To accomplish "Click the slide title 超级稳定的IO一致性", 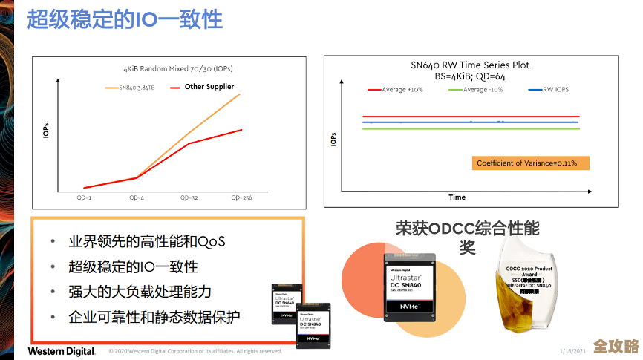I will coord(125,20).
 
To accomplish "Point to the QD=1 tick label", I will coord(84,197).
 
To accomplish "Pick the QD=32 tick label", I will coord(189,197).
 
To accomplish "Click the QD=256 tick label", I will coord(241,197).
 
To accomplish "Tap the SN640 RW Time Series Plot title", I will coord(470,65).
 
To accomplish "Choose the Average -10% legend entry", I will coord(483,90).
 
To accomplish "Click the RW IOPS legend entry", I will coord(553,90).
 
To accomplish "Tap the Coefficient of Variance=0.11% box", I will coord(529,163).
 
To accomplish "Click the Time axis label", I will coord(457,197).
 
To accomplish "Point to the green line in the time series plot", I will coord(471,128).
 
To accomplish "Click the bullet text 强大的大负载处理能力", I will coord(140,292).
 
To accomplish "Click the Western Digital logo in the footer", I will coord(62,351).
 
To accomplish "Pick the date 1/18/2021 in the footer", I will coord(572,350).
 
